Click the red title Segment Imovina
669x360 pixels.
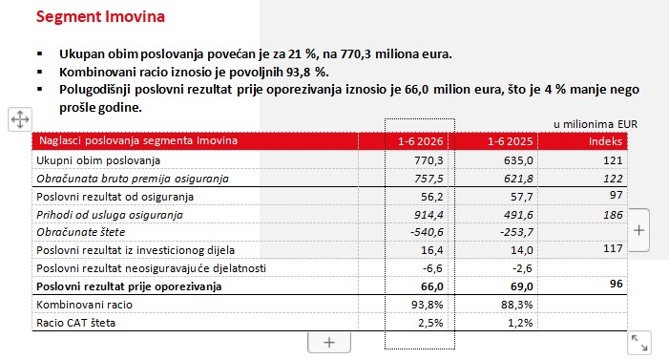[100, 16]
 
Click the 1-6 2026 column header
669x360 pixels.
[420, 141]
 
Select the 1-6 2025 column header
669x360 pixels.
[511, 141]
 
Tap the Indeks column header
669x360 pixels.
[605, 141]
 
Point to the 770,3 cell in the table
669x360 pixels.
[429, 160]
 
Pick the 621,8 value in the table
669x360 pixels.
[518, 179]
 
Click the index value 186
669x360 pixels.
[613, 215]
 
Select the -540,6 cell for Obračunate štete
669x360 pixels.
[427, 232]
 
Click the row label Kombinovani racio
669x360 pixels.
[85, 305]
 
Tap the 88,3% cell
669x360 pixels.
[516, 305]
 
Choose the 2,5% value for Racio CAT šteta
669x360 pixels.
[430, 323]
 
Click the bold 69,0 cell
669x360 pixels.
[522, 286]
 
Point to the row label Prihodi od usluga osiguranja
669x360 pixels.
[110, 215]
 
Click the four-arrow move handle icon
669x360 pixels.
[20, 119]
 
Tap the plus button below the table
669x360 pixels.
[329, 343]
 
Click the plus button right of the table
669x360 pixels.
[638, 230]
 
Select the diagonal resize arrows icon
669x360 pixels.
[639, 343]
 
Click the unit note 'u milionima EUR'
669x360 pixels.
[596, 124]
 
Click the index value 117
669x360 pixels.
[613, 248]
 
